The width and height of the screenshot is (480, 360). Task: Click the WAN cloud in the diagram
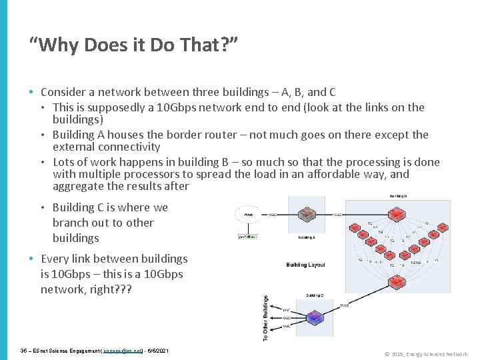coord(248,215)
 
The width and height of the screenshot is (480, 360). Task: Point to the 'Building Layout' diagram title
coord(306,265)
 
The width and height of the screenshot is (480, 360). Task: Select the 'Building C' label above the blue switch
coord(315,294)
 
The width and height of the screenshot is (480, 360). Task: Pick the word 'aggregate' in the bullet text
coord(79,187)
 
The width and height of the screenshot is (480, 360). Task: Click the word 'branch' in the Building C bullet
coord(71,222)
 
